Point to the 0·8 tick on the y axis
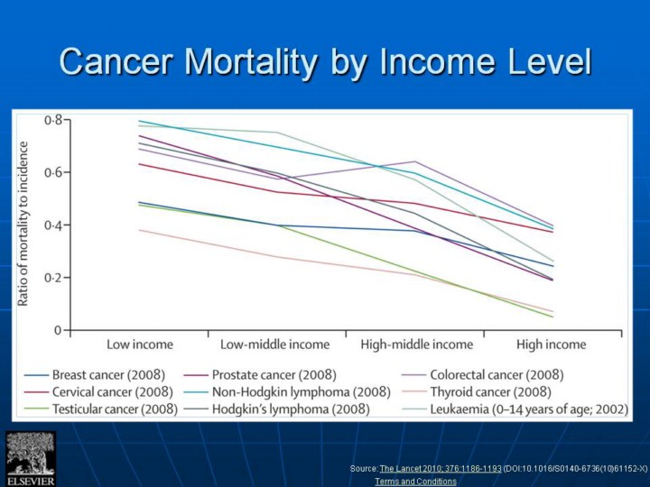click(54, 120)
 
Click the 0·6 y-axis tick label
click(54, 172)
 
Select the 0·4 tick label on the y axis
click(54, 225)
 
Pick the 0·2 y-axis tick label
click(54, 278)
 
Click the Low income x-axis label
click(140, 345)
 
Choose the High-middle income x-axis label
click(416, 345)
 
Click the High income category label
click(551, 345)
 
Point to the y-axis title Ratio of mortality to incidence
click(24, 223)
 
